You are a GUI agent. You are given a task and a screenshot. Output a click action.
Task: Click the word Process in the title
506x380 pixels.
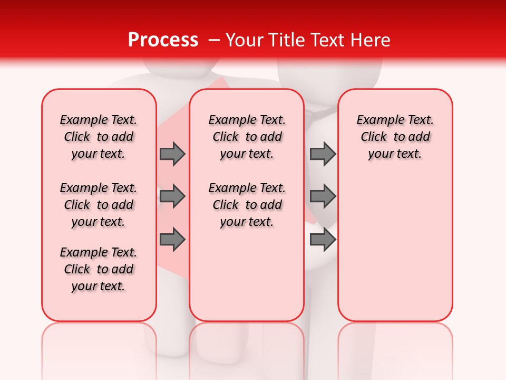point(163,40)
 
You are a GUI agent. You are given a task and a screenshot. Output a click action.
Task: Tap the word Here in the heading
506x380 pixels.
point(369,40)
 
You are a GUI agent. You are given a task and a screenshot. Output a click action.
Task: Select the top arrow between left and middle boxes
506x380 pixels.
point(172,154)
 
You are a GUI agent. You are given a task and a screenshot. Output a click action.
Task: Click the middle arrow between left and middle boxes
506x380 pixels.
point(172,196)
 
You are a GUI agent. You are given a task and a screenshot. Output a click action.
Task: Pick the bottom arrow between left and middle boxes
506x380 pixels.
point(172,240)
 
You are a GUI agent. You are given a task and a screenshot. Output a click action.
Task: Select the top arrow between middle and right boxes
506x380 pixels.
point(323,154)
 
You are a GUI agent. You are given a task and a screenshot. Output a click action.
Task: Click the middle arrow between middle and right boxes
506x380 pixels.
point(323,196)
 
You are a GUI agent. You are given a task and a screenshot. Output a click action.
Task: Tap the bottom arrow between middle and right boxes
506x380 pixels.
point(323,240)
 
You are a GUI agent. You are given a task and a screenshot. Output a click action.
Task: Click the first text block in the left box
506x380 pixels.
point(99,137)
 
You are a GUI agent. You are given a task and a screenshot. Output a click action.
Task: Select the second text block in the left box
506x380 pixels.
point(99,205)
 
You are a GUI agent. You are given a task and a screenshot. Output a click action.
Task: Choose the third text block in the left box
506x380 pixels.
point(99,269)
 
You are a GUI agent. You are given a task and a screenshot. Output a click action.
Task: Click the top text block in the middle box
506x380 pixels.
point(247,137)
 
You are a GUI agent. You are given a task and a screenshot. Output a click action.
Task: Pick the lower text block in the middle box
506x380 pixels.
point(247,205)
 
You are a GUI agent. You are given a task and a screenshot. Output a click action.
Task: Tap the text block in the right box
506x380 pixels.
point(395,137)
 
